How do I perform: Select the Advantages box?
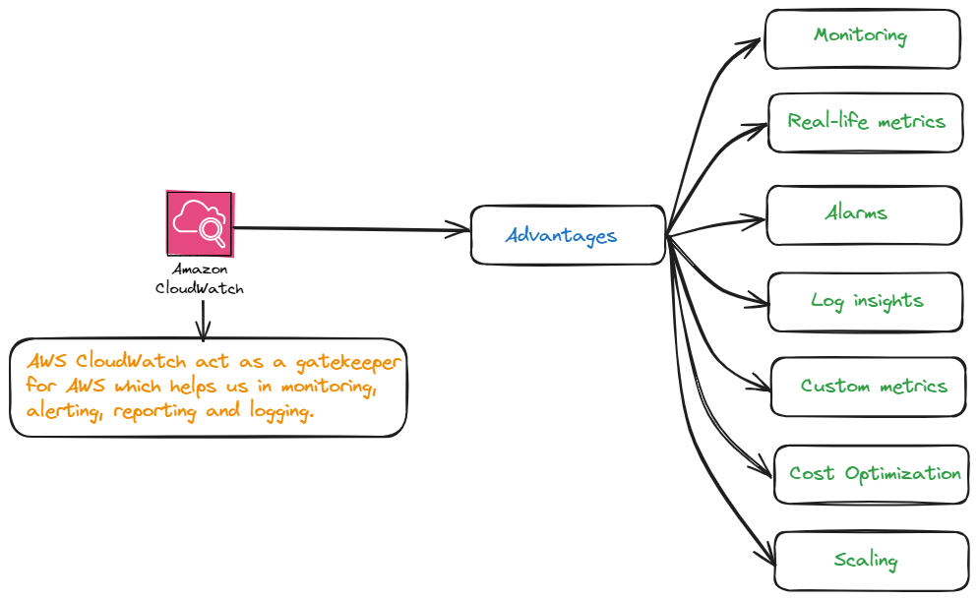coord(568,235)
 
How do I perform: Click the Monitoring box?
coord(862,38)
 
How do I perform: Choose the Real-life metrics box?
coord(865,122)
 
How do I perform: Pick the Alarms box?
coord(863,214)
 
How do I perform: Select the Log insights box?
coord(866,302)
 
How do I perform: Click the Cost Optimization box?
coord(872,474)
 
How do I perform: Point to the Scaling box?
coord(872,561)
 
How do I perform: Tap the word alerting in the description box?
coord(67,411)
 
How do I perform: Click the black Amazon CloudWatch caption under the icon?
coord(200,278)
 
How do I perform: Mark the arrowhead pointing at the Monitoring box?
coord(752,42)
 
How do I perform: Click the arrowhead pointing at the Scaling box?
coord(764,556)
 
